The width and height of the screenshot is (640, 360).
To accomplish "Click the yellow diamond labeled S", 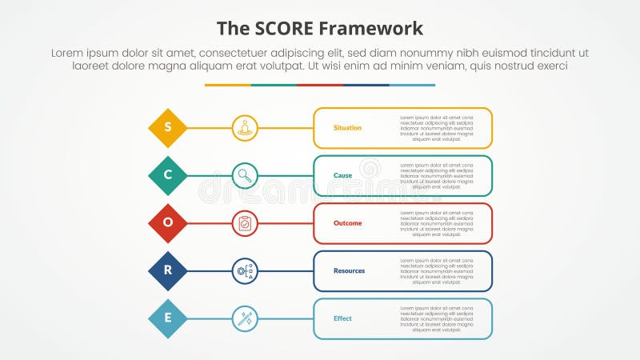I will click(x=168, y=128).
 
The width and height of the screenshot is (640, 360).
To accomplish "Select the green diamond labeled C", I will click(x=168, y=175).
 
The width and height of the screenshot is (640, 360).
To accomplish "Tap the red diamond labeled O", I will click(x=168, y=223).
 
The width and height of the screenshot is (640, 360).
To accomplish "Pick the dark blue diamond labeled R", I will click(x=168, y=270).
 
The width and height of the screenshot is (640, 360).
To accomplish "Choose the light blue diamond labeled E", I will click(x=168, y=318).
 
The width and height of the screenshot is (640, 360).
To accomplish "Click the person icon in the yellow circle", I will click(x=245, y=128).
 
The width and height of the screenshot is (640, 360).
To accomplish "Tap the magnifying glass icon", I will click(x=245, y=175).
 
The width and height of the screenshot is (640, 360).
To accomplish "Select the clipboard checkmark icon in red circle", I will click(x=245, y=223).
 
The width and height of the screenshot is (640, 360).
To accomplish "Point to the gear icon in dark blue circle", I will click(x=245, y=270).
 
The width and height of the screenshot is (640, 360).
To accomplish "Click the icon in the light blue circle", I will click(x=245, y=318).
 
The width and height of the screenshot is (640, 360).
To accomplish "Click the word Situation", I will click(x=347, y=128).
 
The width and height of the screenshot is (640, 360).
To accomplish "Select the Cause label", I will click(x=342, y=175).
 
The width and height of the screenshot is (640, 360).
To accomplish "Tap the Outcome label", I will click(x=347, y=223).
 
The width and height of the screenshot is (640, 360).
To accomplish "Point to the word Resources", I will click(x=349, y=270).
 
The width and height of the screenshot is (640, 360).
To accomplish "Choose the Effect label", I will click(x=342, y=318).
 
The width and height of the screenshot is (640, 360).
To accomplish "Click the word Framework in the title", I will click(x=371, y=30).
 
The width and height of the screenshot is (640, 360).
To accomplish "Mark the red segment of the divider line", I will click(x=320, y=85).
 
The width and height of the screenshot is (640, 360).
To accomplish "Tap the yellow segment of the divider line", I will click(x=227, y=85).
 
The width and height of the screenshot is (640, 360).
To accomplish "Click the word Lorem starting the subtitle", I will click(x=68, y=52).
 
